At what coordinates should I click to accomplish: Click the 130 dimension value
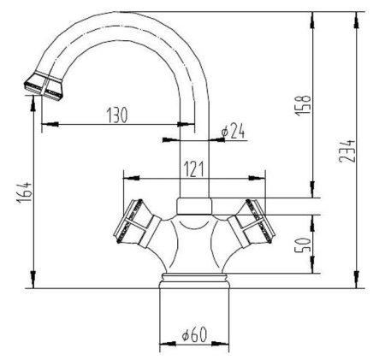(x=117, y=115)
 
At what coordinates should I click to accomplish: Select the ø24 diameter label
(x=233, y=131)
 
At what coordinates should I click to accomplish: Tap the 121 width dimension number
(x=193, y=169)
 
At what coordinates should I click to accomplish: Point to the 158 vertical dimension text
(x=303, y=105)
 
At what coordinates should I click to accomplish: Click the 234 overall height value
(x=347, y=151)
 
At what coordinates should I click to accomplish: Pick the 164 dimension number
(x=24, y=192)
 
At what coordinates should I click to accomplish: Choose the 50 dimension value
(x=302, y=245)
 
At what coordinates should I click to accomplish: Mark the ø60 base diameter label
(x=194, y=334)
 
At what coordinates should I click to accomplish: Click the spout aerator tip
(x=44, y=86)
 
